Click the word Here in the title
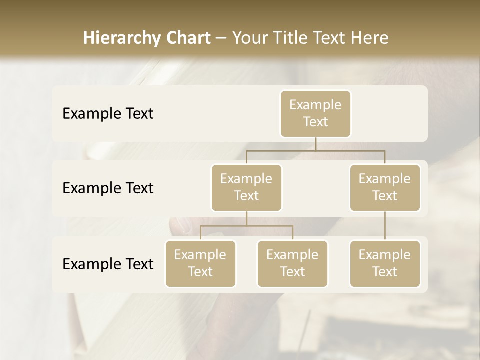point(370,38)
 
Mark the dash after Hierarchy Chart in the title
point(221,38)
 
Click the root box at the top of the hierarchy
point(315,114)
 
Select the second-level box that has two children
point(246,188)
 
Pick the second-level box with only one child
point(385,188)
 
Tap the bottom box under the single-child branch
point(385,264)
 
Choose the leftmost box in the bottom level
point(200,264)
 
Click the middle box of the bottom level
point(292,264)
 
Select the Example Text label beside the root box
point(108,114)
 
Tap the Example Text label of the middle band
point(108,188)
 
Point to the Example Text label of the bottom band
point(108,264)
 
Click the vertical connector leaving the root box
point(315,144)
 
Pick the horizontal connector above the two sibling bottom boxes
point(246,226)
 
